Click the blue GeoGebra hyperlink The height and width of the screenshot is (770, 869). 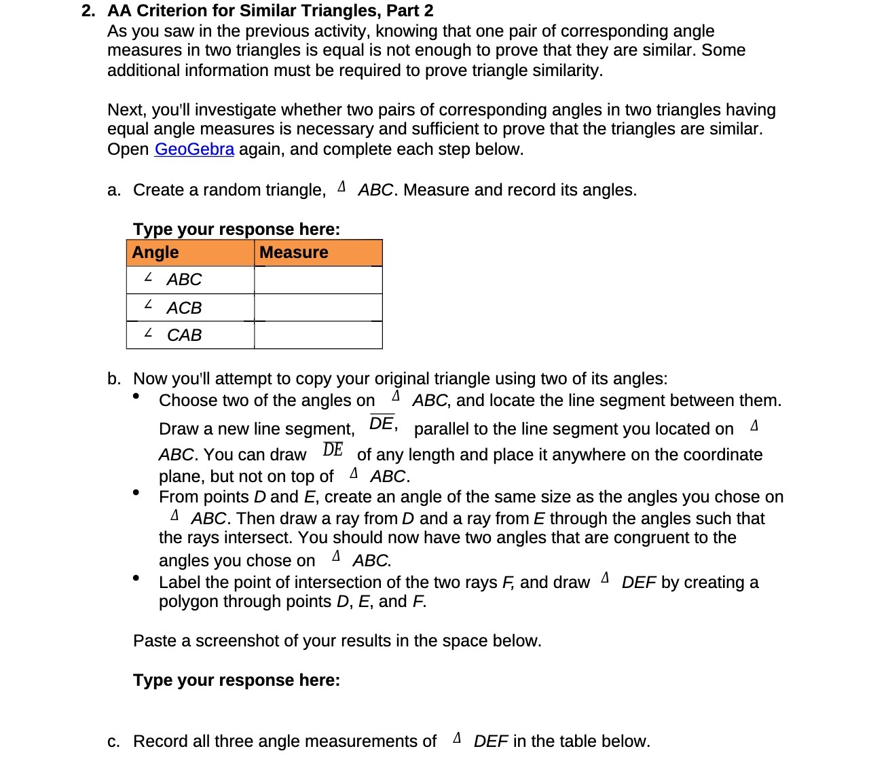[x=194, y=149]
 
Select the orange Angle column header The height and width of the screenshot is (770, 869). [x=190, y=253]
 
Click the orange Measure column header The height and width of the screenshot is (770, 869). [x=318, y=253]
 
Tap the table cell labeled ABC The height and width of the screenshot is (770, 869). [x=190, y=280]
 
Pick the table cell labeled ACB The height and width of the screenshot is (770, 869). [x=190, y=308]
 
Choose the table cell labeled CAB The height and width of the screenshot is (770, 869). [x=190, y=335]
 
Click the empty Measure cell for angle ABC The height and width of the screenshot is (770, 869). [x=318, y=280]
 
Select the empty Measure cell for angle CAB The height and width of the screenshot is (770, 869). [x=318, y=335]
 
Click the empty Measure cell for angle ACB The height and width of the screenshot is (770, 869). [x=318, y=308]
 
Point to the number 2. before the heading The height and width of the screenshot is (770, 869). [x=88, y=11]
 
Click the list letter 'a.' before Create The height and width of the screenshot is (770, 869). [x=114, y=190]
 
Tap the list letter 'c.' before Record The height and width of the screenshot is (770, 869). [x=114, y=741]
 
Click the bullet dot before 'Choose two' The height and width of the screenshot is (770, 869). [x=136, y=396]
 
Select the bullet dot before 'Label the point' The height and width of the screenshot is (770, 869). [x=136, y=578]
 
